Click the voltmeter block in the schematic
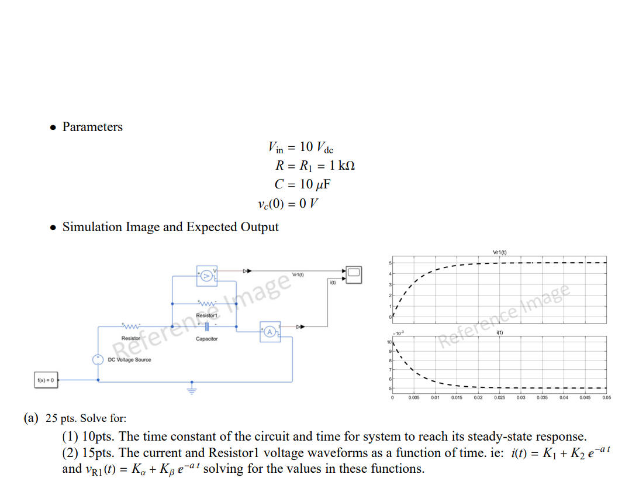(206, 274)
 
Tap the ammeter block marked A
(269, 331)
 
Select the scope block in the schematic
(354, 273)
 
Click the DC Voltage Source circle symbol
(98, 360)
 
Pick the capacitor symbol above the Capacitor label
(206, 327)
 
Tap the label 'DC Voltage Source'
(129, 360)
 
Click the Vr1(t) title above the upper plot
(500, 253)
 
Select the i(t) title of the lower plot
(500, 332)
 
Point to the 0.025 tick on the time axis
(499, 398)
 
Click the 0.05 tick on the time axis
(606, 398)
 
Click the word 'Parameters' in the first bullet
(92, 127)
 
